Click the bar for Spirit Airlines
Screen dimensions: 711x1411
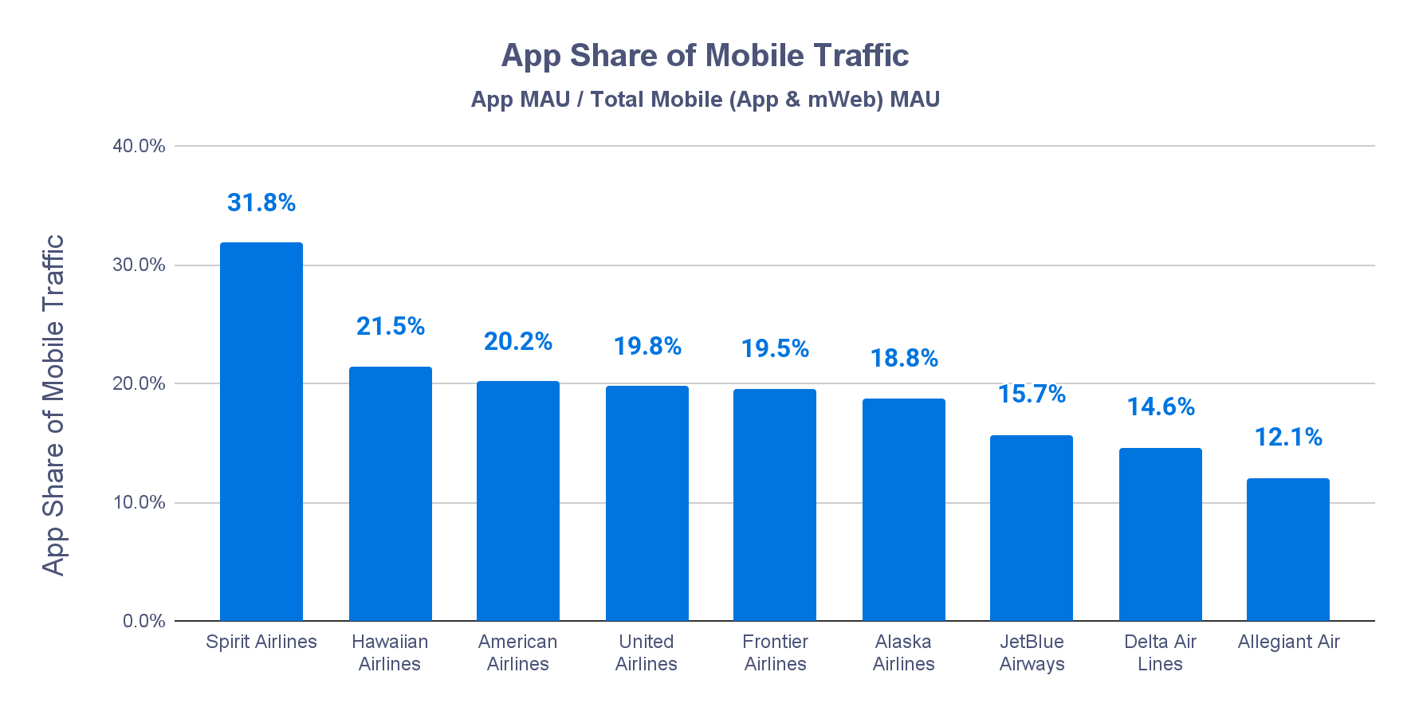point(261,431)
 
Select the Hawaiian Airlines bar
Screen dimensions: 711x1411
point(391,493)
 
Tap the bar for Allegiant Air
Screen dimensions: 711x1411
point(1288,549)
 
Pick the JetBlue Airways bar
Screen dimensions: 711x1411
point(1032,528)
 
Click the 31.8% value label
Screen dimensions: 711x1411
point(261,203)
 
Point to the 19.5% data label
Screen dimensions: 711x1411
point(775,349)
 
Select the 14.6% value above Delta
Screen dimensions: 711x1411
point(1161,407)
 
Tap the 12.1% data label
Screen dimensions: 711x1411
point(1288,438)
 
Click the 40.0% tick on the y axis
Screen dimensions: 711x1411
point(139,146)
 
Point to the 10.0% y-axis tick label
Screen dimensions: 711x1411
point(139,502)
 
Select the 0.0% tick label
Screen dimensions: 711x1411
point(143,621)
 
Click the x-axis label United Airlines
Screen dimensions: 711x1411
point(647,653)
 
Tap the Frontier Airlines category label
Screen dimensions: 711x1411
point(775,653)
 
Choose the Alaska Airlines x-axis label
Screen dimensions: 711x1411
point(903,653)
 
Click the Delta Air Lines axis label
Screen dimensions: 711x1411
point(1160,653)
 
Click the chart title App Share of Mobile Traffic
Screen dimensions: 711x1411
point(705,56)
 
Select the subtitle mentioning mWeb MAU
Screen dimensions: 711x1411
point(705,100)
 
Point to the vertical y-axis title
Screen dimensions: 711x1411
point(53,405)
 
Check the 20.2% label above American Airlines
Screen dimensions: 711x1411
point(518,342)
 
